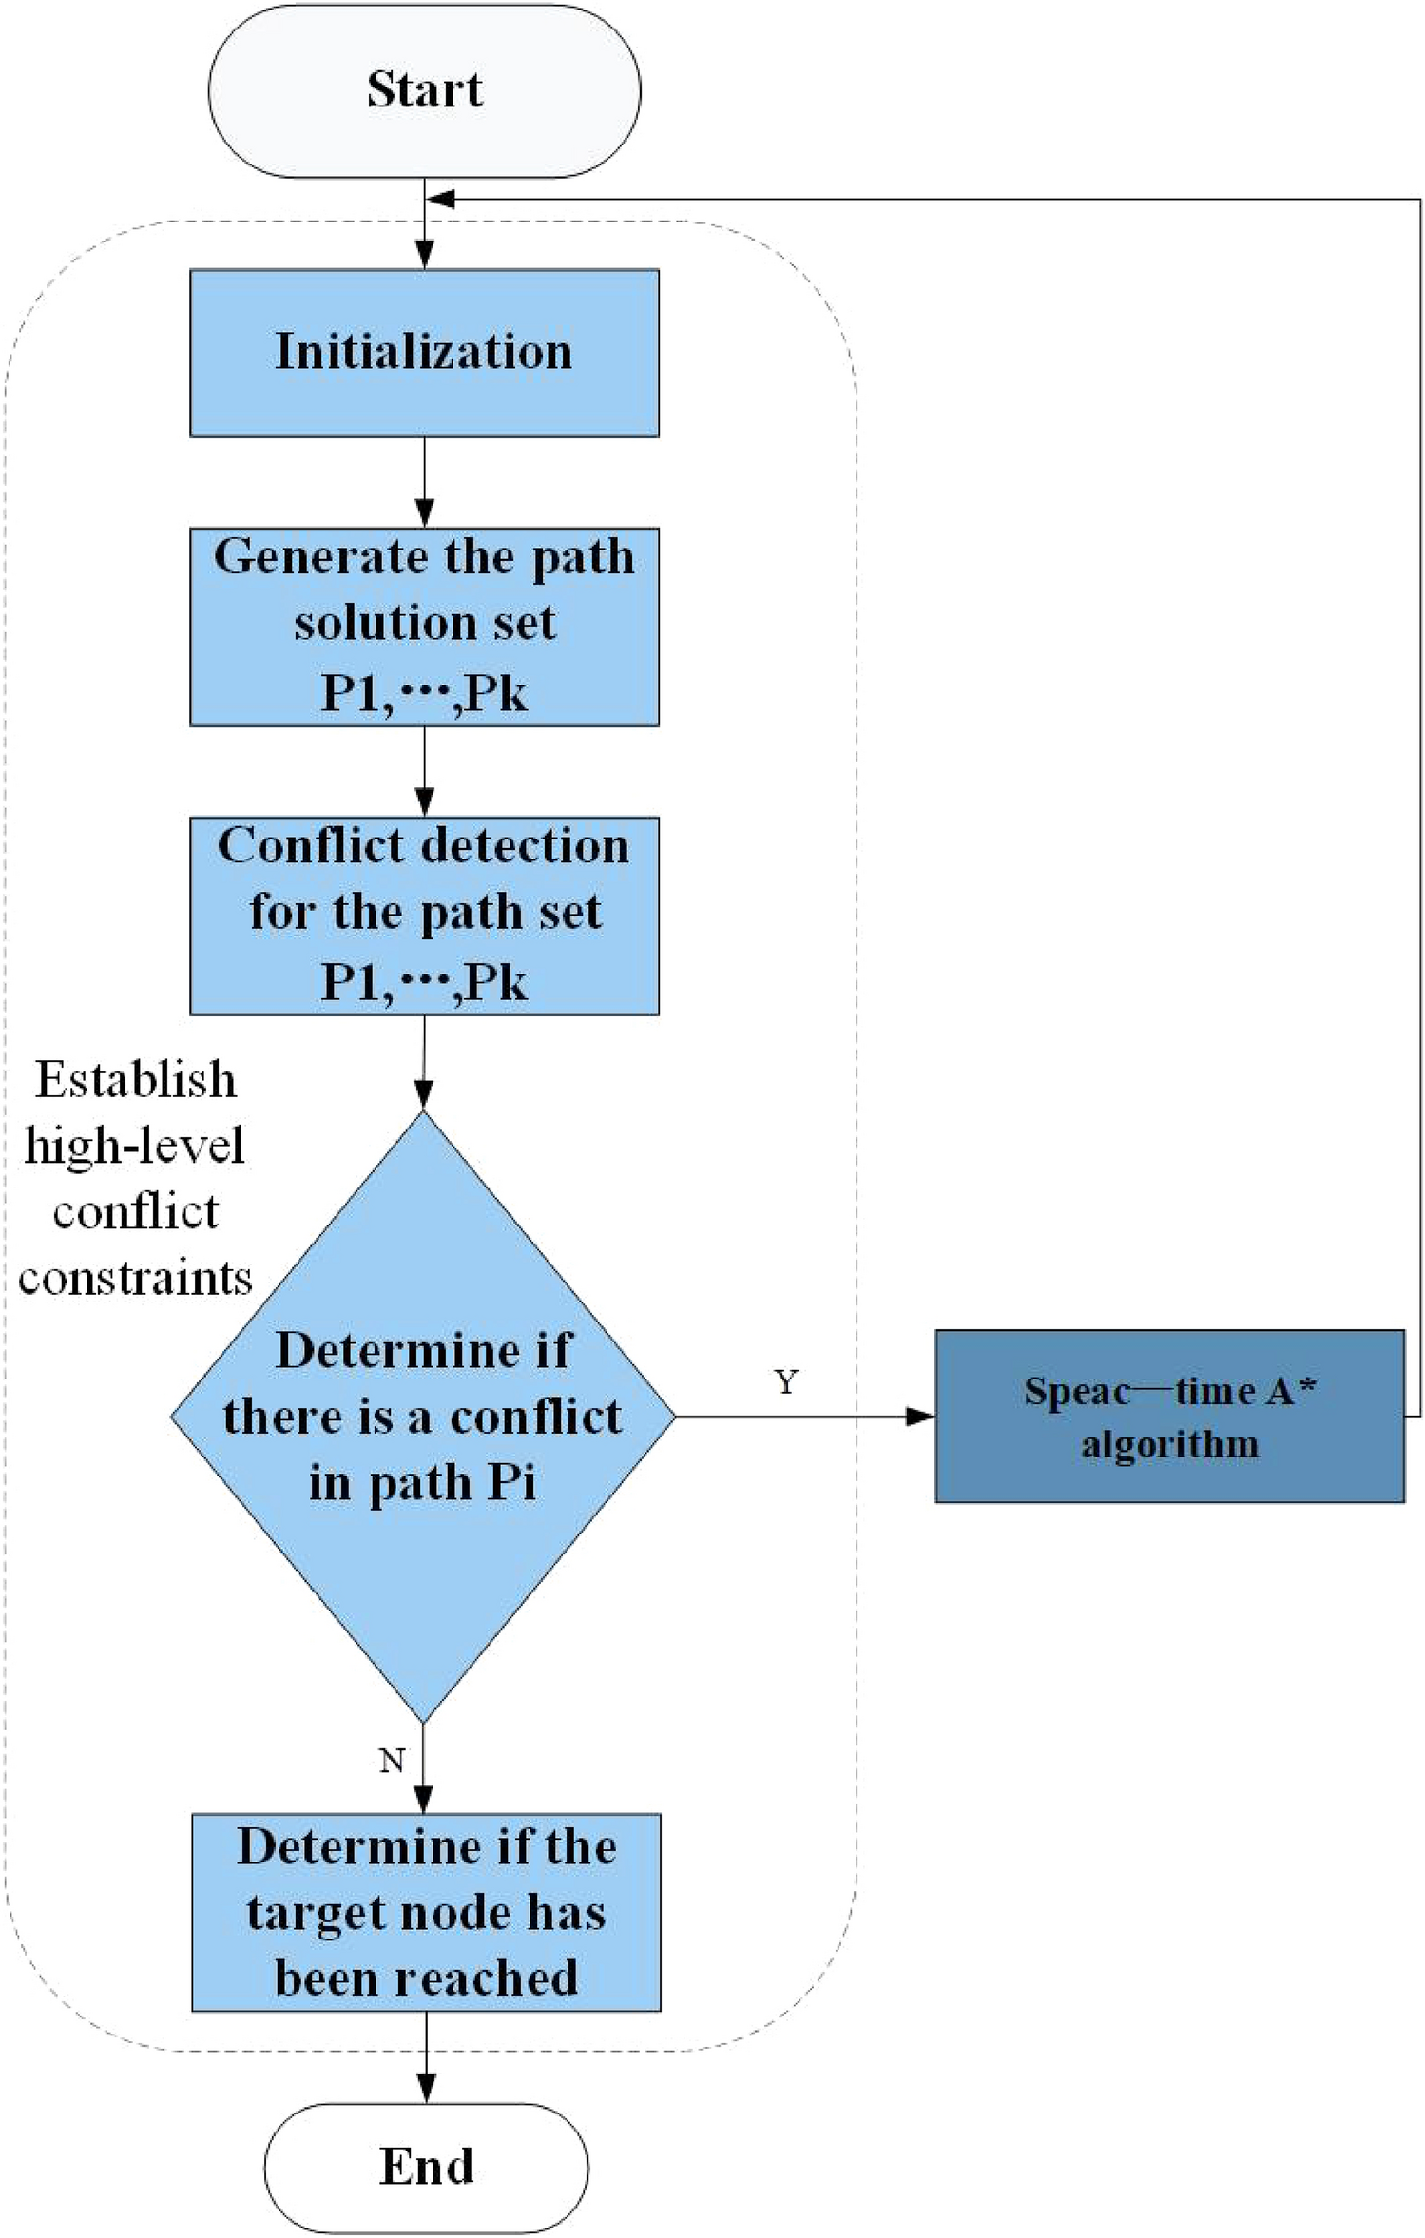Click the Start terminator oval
[424, 90]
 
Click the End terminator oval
[426, 2167]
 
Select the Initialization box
[424, 353]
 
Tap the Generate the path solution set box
[424, 627]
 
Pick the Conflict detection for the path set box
[424, 915]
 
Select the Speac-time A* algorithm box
[1169, 1416]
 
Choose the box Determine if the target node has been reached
[426, 1912]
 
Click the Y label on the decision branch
[785, 1382]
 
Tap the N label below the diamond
[392, 1761]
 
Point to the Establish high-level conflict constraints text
[135, 1179]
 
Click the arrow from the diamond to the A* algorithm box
[804, 1417]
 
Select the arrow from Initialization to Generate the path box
[424, 482]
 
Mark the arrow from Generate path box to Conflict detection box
[424, 771]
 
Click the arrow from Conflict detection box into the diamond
[424, 1062]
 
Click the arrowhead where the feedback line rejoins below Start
[441, 199]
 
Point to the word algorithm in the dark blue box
[1169, 1445]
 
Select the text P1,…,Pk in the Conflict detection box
[424, 982]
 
